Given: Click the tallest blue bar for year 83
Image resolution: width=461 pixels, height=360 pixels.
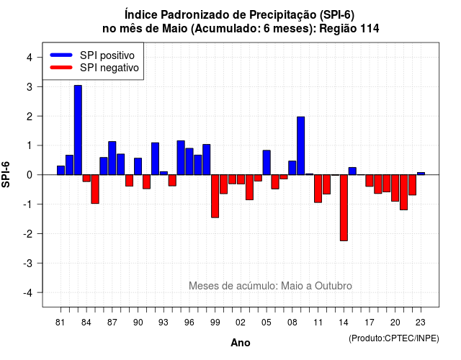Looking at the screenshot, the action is tap(78, 130).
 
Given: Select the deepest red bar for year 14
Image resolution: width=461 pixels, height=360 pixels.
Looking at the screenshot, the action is tap(344, 208).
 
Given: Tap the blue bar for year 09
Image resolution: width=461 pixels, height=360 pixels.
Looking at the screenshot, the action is tap(301, 145).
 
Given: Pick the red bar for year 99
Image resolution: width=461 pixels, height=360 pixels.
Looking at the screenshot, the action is tap(215, 196).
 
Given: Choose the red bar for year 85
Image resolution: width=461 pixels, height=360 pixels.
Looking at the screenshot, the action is tap(95, 189).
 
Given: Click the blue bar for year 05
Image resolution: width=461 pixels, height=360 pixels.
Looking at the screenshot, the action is tap(267, 163).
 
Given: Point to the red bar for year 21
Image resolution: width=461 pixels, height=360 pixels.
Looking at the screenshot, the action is tap(403, 192).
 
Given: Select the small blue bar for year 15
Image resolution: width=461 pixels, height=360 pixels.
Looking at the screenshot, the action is tap(352, 171).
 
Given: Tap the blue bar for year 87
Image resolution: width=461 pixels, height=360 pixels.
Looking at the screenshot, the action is tap(112, 158).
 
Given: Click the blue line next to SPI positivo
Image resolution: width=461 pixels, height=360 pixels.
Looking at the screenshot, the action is tap(61, 55).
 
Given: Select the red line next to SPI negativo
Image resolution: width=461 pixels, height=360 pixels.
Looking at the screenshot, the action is tap(61, 68).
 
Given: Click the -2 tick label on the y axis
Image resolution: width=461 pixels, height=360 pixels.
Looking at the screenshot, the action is tap(28, 233).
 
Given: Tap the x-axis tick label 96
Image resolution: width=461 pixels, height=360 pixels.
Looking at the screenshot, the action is tap(189, 323).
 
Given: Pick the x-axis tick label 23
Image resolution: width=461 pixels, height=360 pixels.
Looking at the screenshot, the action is tap(421, 323).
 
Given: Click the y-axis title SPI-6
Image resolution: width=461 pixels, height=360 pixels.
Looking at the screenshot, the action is tap(6, 174).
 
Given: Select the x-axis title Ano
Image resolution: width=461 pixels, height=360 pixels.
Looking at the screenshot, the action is tap(241, 343).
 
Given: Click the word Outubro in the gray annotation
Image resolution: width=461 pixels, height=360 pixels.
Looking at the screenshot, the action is tap(334, 286).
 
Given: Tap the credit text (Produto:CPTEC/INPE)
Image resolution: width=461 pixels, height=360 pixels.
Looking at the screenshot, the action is tap(394, 338).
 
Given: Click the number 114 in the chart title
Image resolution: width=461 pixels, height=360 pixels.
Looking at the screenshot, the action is tap(370, 29).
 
